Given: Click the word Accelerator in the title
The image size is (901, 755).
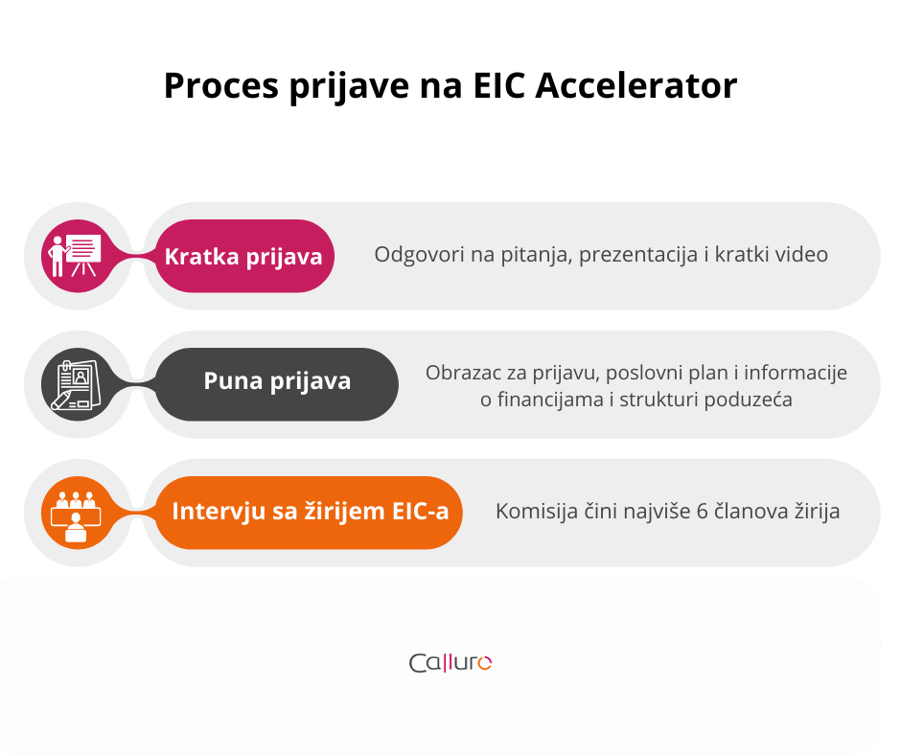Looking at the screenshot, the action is click(x=635, y=85).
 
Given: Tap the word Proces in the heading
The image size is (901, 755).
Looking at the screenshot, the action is click(x=221, y=85).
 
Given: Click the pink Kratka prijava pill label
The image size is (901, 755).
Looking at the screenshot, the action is click(x=243, y=256).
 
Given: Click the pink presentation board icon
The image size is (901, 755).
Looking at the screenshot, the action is click(x=79, y=256).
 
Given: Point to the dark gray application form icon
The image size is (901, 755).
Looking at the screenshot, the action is click(x=79, y=384).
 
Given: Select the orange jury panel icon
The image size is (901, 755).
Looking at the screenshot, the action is click(x=79, y=513).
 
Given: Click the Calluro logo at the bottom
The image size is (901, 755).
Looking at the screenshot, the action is click(x=450, y=662).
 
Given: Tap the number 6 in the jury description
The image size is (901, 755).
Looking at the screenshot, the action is click(x=702, y=512).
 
